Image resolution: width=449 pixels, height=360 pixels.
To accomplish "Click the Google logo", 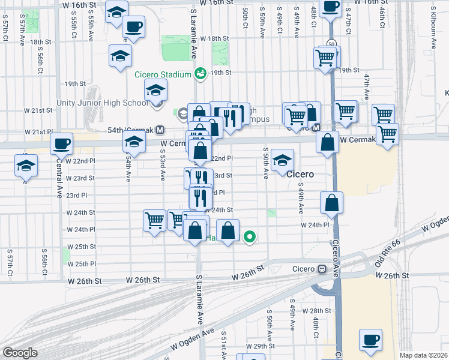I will (x=20, y=353).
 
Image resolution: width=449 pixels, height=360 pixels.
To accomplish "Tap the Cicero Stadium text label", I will (x=162, y=74).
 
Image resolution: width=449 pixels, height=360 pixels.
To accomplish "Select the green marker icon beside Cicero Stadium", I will (x=200, y=73).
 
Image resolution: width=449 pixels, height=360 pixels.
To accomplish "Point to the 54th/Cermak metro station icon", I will (x=160, y=130).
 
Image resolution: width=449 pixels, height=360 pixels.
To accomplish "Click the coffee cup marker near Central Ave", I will (x=61, y=144).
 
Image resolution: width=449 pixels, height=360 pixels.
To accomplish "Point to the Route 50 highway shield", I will (x=331, y=43).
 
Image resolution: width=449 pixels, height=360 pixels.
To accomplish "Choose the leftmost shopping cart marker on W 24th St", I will (x=154, y=221).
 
